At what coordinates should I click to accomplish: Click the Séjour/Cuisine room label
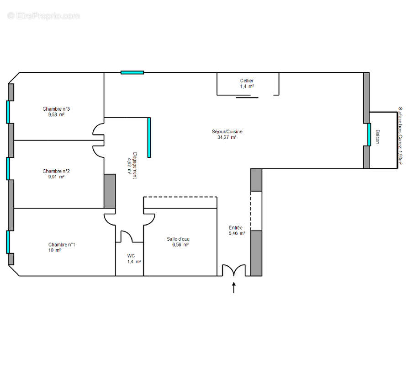(227, 131)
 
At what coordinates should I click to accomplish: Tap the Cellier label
(247, 81)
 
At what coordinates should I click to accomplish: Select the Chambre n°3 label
(56, 109)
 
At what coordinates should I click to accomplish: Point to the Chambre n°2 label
(56, 171)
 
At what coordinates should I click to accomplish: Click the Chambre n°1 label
(62, 244)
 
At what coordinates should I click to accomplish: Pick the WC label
(131, 256)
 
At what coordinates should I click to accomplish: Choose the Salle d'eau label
(178, 239)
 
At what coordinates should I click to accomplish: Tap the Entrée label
(236, 228)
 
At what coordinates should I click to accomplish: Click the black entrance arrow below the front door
(234, 287)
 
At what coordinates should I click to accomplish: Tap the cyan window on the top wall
(132, 72)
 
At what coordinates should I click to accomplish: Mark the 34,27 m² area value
(227, 137)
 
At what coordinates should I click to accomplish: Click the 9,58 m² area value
(56, 115)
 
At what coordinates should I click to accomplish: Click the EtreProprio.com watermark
(43, 16)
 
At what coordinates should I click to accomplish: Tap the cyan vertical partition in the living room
(149, 137)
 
